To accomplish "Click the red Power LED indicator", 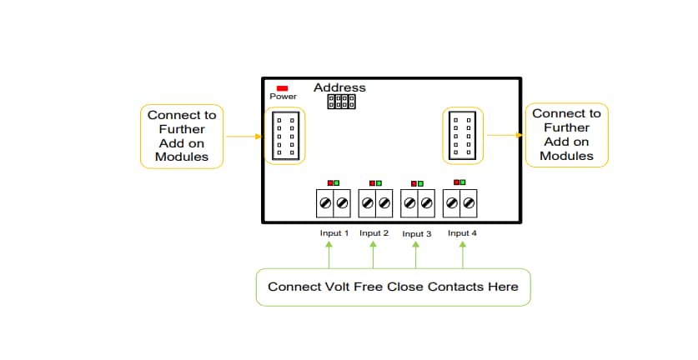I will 282,87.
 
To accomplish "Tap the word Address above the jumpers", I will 339,87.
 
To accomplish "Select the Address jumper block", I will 341,102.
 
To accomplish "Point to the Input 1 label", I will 334,233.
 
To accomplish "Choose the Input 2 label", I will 374,233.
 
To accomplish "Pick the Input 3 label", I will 417,234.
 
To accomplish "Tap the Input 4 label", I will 462,233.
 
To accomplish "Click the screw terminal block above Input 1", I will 333,202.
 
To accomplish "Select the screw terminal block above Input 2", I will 375,202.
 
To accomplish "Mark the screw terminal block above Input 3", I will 418,202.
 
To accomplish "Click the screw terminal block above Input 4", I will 461,202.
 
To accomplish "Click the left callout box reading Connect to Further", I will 182,136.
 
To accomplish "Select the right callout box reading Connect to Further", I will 566,134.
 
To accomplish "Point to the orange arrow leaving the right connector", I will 505,135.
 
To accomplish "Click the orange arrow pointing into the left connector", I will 243,137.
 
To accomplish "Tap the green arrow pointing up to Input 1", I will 329,254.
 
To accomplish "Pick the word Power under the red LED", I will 283,97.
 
